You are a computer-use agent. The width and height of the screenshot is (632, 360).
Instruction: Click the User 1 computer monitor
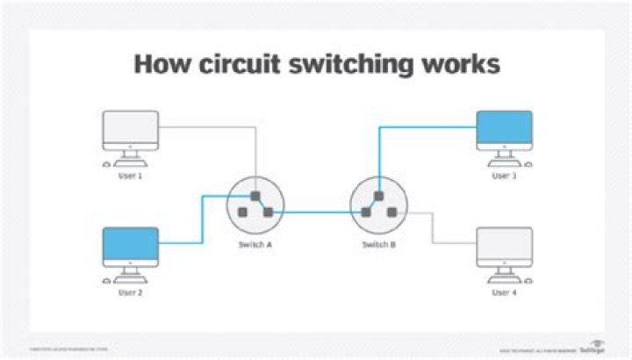click(131, 129)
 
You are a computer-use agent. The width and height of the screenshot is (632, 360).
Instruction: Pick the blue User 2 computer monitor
click(131, 245)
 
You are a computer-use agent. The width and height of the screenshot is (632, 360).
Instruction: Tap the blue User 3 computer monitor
click(504, 129)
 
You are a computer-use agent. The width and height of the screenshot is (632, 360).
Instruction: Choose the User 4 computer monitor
click(504, 245)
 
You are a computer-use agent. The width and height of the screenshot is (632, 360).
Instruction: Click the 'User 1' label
click(130, 176)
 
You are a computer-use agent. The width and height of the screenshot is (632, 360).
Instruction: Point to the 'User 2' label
click(130, 292)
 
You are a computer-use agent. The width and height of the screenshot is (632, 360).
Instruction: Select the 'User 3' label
click(504, 176)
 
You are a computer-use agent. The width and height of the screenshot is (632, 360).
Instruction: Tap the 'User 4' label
click(504, 292)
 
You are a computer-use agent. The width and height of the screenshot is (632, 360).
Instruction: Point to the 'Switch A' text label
click(255, 243)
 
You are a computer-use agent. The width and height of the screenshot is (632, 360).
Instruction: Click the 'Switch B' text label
click(379, 243)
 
